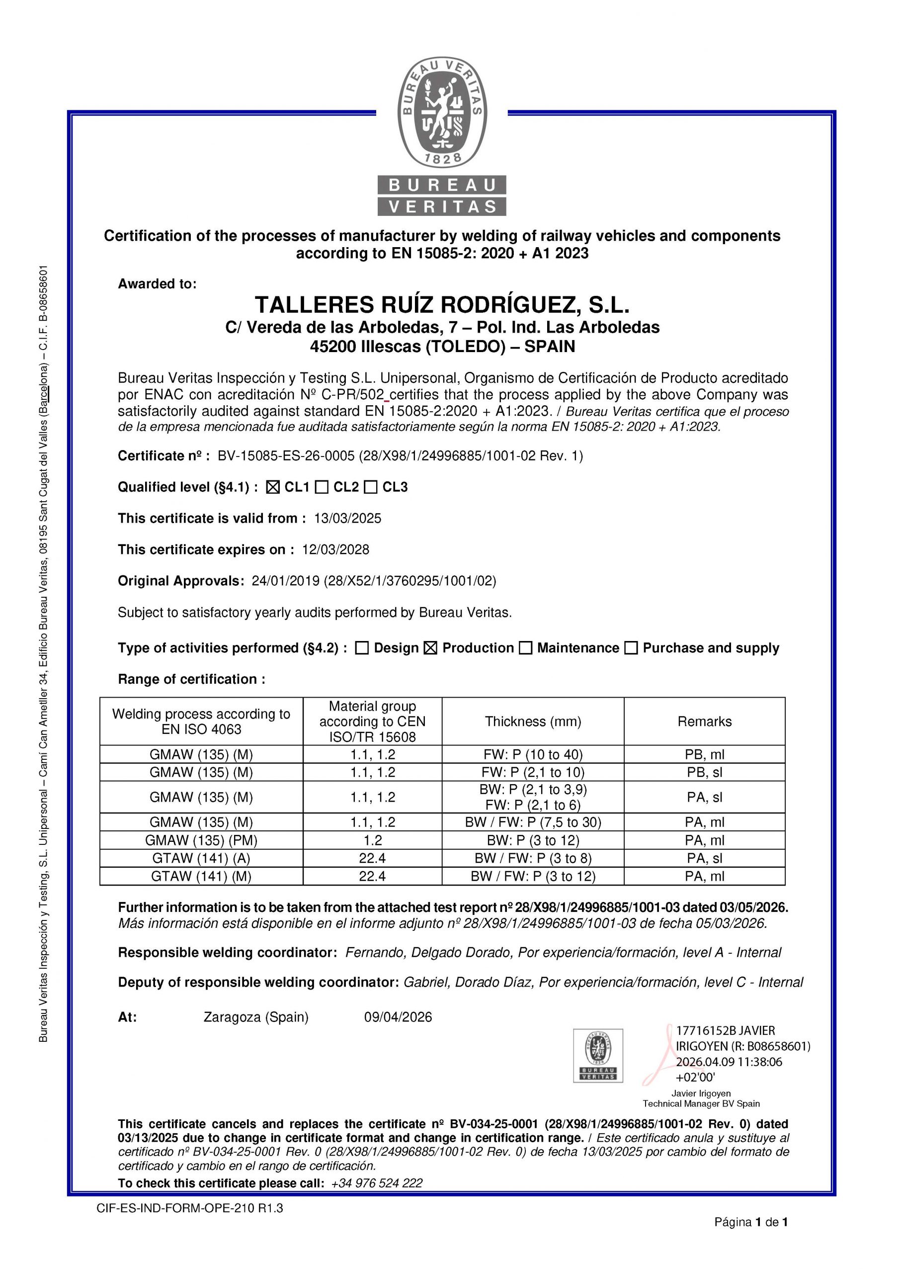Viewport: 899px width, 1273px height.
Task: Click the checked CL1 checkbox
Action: coord(273,487)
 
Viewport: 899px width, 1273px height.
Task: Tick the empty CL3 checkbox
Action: coord(371,487)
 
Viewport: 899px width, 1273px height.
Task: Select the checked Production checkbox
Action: coord(430,648)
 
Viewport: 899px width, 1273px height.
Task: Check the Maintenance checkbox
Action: coord(525,648)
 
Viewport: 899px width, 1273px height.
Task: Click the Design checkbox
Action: coord(362,648)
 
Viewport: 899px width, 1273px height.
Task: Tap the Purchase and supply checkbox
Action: coord(631,648)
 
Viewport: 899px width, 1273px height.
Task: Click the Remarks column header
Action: coord(704,722)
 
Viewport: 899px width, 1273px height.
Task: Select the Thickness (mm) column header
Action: coord(533,722)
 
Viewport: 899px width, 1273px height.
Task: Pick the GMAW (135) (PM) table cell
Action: coord(201,840)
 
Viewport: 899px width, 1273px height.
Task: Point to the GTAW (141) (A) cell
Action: coord(201,858)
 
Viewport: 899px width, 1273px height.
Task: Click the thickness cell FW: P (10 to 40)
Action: coord(533,754)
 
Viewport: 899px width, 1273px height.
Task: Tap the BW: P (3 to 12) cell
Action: coord(533,840)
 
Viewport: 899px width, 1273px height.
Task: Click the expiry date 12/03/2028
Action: coord(335,549)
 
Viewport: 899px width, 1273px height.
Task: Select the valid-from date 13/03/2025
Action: coord(347,519)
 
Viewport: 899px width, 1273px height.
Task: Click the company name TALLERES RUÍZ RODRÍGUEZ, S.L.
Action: coord(442,305)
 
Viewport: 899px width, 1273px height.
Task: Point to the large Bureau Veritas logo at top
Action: coord(442,136)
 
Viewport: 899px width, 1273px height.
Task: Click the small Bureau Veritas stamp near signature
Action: coord(597,1056)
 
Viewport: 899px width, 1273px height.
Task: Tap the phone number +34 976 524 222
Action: coord(376,1183)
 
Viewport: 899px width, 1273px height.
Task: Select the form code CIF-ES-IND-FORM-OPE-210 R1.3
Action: coord(189,1208)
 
